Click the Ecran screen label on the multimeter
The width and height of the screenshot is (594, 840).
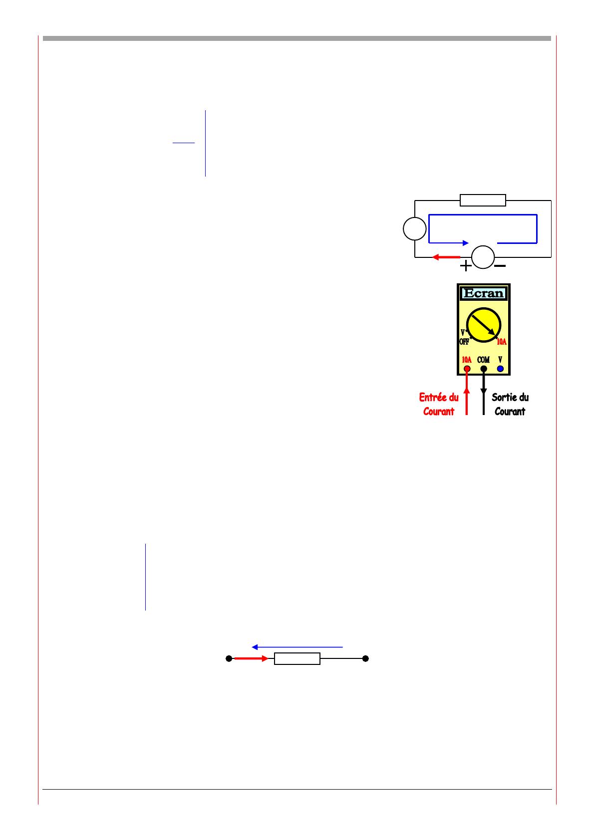click(483, 293)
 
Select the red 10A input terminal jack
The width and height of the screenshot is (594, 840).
click(467, 369)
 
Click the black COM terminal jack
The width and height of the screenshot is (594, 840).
click(483, 369)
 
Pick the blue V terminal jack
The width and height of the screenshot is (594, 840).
click(500, 369)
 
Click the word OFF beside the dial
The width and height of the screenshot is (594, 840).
click(464, 342)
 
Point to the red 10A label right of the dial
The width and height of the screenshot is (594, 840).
click(501, 342)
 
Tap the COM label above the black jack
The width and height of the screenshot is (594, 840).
click(483, 360)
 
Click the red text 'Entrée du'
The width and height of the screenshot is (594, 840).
click(438, 398)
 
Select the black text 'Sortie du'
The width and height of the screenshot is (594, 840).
click(510, 398)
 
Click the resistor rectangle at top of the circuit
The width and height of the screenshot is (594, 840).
click(483, 201)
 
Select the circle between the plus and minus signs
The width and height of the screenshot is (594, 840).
click(483, 257)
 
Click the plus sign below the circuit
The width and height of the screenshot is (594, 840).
click(465, 266)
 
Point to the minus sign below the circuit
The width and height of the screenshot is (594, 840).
click(500, 266)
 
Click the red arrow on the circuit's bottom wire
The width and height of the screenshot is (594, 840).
click(446, 257)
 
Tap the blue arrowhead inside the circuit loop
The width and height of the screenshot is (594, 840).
click(465, 243)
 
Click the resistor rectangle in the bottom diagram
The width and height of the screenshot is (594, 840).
click(297, 659)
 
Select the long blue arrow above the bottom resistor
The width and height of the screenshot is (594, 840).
click(297, 647)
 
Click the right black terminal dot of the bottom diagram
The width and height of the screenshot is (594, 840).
click(365, 659)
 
